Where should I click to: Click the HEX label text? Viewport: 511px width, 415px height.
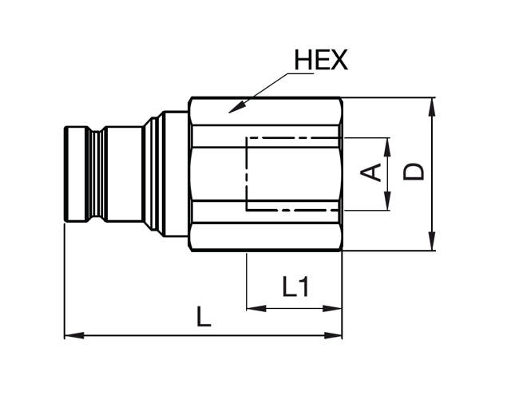[321, 60]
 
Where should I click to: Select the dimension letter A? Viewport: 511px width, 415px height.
[370, 172]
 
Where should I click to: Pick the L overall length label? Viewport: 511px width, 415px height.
[204, 318]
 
